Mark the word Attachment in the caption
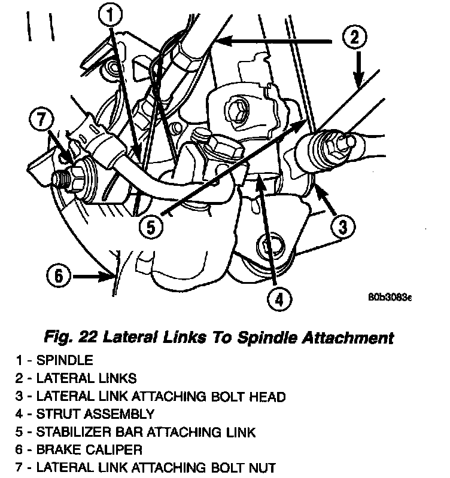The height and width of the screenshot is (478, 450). [349, 338]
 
